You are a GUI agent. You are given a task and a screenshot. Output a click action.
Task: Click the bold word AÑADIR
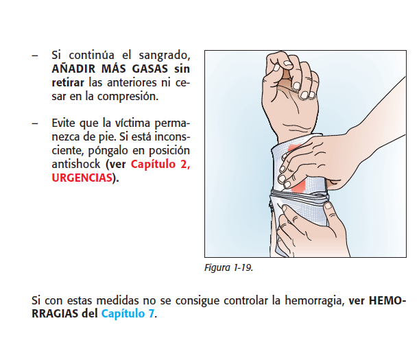73,69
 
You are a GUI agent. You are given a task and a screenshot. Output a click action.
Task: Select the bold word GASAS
150,69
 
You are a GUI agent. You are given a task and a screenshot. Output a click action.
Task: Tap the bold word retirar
68,82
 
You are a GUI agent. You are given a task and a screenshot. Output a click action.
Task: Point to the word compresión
128,97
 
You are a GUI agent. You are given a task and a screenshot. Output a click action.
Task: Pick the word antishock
76,164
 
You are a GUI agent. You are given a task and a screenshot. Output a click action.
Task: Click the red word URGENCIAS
82,178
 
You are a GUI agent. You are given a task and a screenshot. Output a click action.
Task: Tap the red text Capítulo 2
160,165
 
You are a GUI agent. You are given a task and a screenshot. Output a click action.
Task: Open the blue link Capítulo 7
128,314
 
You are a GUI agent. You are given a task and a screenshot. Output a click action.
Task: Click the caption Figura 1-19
228,268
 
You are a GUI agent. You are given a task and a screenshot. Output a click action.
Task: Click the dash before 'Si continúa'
35,56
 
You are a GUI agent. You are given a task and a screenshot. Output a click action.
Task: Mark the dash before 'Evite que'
35,123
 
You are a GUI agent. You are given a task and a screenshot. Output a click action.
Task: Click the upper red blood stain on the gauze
294,148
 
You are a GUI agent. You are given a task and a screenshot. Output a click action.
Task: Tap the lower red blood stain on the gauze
298,186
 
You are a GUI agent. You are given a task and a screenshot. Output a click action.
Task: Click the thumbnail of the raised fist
288,64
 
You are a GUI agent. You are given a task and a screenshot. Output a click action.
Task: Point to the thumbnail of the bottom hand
328,206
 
